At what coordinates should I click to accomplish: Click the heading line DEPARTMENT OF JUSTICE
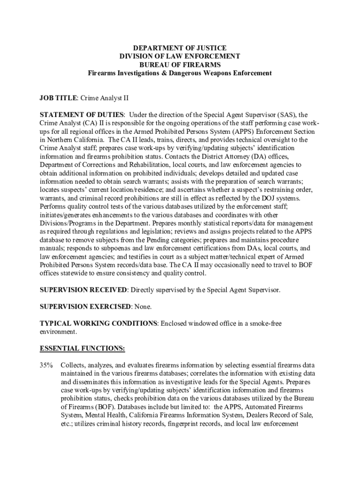[180, 48]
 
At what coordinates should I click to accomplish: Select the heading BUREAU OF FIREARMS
[180, 65]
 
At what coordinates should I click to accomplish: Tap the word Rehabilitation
[144, 165]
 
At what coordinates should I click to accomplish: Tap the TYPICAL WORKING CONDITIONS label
[98, 323]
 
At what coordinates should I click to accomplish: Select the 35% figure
[46, 365]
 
